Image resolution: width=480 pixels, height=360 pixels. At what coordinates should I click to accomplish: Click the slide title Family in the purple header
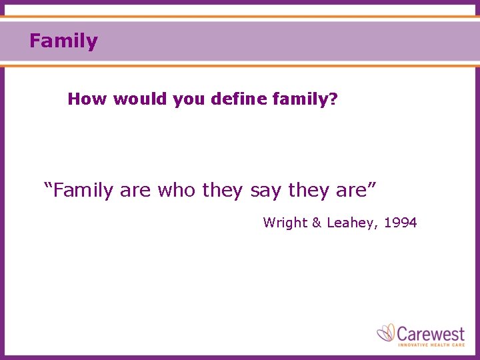click(x=63, y=41)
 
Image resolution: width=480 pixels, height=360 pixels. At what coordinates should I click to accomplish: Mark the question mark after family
click(x=333, y=100)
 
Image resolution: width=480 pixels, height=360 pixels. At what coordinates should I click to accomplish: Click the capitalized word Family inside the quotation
click(x=84, y=191)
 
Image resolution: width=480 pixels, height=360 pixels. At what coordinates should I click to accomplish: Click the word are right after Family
click(x=135, y=191)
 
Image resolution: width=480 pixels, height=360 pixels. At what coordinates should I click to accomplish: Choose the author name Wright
click(x=283, y=223)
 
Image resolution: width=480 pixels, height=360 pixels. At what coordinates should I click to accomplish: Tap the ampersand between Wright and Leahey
click(x=316, y=223)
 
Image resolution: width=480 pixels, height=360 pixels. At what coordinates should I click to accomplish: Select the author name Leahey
click(x=351, y=223)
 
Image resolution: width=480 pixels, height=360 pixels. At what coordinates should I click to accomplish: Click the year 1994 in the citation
click(x=401, y=223)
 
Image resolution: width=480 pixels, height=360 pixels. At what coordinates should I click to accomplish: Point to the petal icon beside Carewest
click(x=386, y=333)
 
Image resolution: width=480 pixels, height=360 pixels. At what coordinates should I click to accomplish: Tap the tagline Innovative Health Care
click(x=431, y=345)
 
